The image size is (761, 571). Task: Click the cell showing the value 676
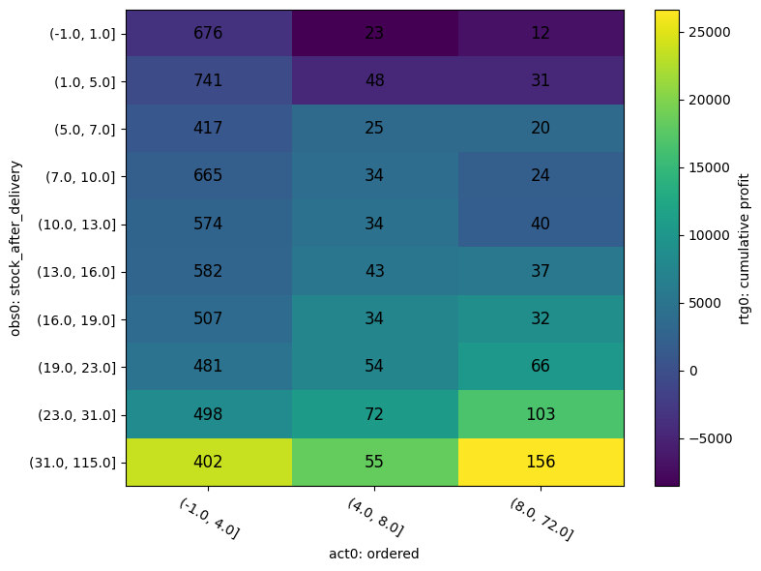pos(208,33)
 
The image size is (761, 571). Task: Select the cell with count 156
pos(541,462)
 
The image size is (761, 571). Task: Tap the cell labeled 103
pos(541,414)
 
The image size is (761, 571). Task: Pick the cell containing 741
pos(208,80)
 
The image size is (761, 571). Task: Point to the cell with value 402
pos(208,462)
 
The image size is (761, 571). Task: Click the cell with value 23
pos(374,33)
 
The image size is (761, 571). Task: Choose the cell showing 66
pos(541,367)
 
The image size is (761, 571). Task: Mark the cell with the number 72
pos(374,414)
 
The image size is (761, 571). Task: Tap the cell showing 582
pos(208,271)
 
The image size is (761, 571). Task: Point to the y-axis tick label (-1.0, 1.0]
pos(82,34)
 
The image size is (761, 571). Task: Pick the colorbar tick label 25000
pos(709,32)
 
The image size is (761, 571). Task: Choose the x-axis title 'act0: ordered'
pos(374,554)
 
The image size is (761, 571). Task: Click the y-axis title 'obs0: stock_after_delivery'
pos(15,248)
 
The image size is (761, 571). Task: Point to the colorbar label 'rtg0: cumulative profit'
pos(746,248)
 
